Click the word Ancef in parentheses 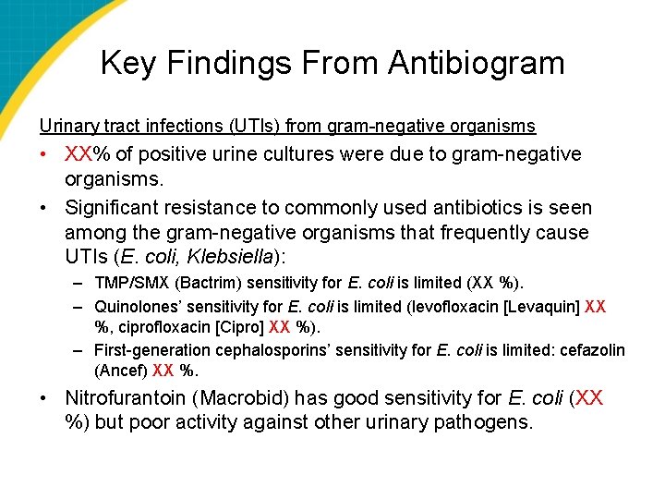click(x=121, y=371)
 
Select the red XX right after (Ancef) click(x=163, y=371)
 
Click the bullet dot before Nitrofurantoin click(x=44, y=399)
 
